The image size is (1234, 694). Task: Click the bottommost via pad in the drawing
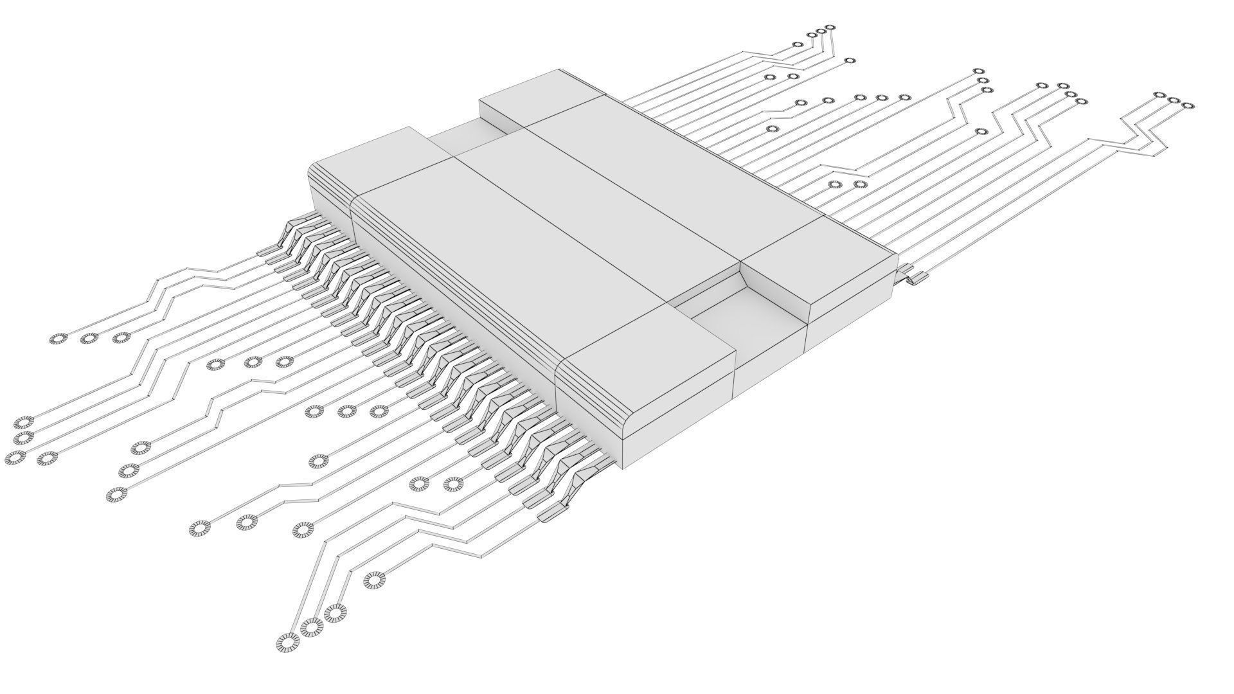tap(287, 642)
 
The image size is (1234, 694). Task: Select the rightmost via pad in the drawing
tap(1187, 105)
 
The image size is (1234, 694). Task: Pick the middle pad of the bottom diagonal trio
tap(311, 627)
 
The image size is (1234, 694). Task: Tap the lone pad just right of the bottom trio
tap(372, 580)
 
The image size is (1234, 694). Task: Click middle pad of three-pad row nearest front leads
tap(346, 411)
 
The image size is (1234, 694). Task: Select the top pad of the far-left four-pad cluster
tap(24, 423)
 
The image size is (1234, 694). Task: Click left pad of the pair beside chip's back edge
tap(835, 185)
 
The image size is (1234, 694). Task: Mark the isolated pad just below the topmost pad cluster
tap(849, 61)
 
